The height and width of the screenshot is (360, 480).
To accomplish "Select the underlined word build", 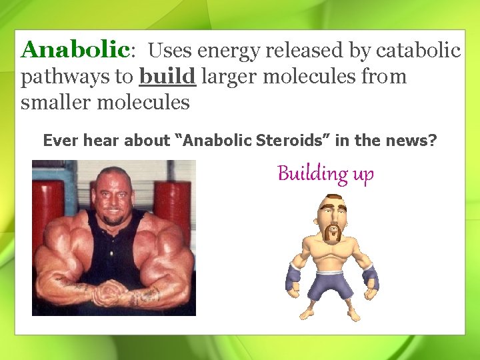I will (167, 77).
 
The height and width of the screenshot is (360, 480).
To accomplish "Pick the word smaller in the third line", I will (56, 103).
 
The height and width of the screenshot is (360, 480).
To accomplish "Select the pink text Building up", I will (325, 174).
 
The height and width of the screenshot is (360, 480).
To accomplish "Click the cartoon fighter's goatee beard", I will (331, 233).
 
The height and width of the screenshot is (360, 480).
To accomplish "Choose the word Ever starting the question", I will (58, 141).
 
